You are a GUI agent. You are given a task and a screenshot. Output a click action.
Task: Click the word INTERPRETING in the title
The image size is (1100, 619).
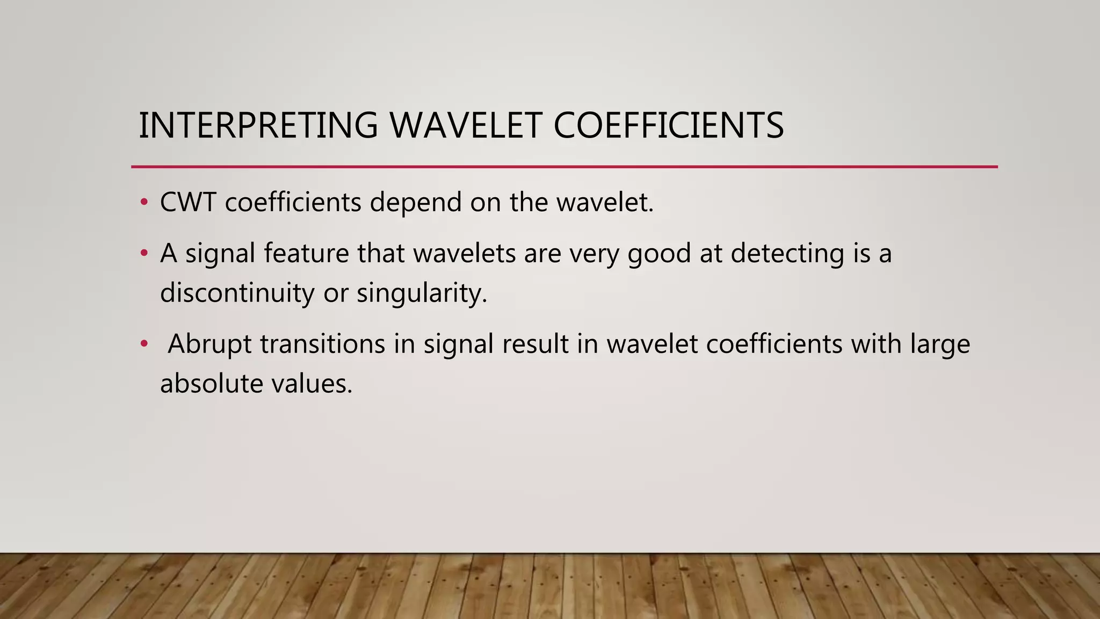[258, 125]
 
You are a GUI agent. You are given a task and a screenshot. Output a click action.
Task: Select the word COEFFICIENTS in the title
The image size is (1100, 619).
[668, 125]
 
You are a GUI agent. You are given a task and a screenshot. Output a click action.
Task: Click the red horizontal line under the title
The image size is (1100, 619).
[564, 167]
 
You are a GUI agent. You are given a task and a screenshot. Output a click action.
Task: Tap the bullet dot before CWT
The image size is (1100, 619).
[143, 203]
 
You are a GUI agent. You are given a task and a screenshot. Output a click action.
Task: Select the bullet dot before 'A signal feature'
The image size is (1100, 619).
[143, 253]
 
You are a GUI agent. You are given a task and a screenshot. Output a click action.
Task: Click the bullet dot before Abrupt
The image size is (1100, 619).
[143, 344]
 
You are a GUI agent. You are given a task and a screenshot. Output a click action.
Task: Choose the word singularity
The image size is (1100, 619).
[421, 293]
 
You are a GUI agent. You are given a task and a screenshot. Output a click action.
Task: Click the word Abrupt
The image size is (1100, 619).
[209, 344]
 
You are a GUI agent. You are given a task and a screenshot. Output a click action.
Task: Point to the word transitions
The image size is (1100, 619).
[322, 344]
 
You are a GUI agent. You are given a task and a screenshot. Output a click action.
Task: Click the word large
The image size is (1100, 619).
[940, 344]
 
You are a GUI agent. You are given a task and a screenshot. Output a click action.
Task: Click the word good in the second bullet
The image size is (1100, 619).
[659, 253]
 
